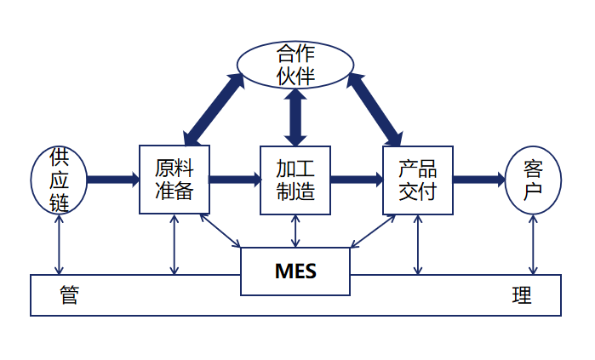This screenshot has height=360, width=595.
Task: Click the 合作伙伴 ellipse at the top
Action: (295, 66)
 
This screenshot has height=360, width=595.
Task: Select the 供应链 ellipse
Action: (59, 180)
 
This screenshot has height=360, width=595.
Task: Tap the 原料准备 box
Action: (174, 180)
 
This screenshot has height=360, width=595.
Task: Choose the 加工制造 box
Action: (295, 180)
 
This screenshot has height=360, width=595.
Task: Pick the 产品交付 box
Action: (417, 180)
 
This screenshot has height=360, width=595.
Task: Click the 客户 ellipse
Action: (534, 180)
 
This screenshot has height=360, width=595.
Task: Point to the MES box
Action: (295, 271)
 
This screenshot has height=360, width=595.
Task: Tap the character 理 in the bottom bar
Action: (522, 295)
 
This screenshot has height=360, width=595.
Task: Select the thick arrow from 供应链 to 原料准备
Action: (112, 180)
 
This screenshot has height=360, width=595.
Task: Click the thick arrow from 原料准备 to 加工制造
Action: (234, 180)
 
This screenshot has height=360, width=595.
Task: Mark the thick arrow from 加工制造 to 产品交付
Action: (356, 180)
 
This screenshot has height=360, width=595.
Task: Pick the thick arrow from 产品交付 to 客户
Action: (478, 180)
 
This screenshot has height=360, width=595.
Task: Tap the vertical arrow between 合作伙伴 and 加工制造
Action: (295, 117)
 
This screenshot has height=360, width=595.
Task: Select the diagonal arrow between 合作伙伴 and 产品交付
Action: (374, 109)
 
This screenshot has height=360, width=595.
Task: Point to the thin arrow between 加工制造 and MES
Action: (295, 231)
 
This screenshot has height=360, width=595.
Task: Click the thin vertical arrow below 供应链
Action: (59, 244)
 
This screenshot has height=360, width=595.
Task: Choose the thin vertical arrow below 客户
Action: (534, 244)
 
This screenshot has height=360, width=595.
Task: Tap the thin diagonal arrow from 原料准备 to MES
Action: (221, 231)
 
